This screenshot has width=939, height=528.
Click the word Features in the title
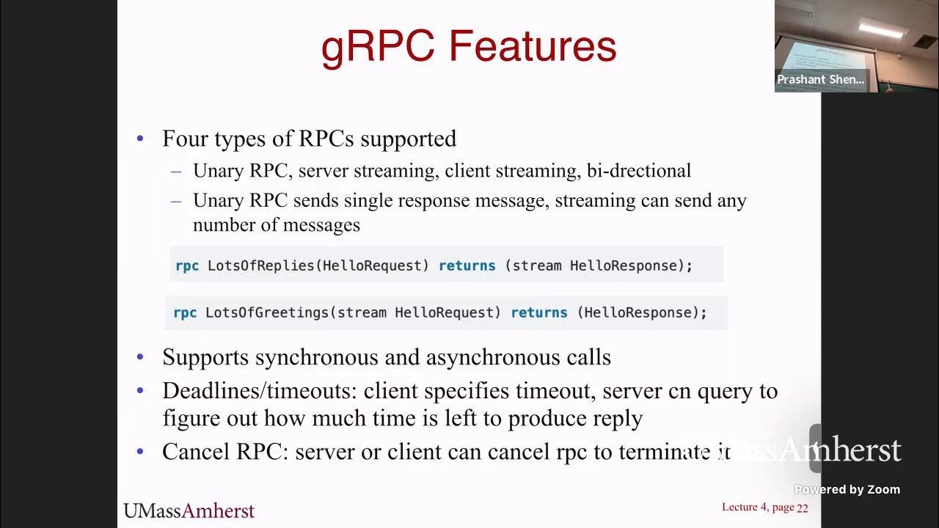pos(533,46)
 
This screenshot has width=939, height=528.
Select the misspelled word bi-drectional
pos(638,171)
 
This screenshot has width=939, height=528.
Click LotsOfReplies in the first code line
pos(260,265)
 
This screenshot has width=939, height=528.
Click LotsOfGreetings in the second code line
pos(266,312)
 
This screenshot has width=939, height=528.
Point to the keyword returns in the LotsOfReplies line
pos(467,265)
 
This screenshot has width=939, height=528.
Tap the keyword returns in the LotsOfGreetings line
pos(538,312)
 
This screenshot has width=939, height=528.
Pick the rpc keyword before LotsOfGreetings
pos(185,312)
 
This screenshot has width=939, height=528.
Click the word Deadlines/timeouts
pos(260,391)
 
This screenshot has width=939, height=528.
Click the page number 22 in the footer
pos(803,507)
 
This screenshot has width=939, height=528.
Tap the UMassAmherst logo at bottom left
pos(189,510)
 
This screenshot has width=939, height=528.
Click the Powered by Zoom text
pos(847,490)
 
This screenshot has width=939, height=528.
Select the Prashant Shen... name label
pos(821,80)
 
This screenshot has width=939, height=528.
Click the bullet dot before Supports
pos(140,358)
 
